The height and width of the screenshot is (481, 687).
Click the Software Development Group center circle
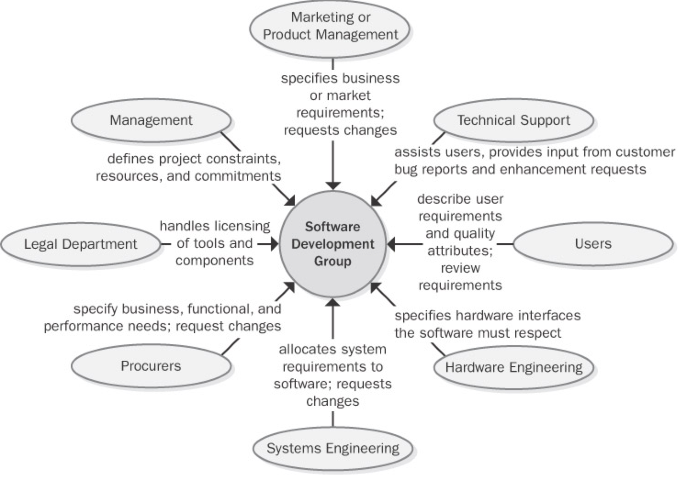point(333,244)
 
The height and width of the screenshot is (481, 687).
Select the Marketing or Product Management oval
point(331,26)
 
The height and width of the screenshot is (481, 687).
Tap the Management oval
point(151,120)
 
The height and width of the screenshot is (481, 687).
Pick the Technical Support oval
point(513,120)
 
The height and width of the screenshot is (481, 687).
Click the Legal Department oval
point(80,244)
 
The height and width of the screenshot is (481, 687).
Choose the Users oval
point(593,244)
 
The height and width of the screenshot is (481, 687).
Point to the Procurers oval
point(151,366)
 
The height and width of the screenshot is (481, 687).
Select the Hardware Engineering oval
point(513,367)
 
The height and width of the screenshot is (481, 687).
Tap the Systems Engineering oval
point(333,448)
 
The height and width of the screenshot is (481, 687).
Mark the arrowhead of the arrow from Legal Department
point(275,244)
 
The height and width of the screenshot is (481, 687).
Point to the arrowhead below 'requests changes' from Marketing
point(333,185)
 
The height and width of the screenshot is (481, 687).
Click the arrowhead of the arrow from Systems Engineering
point(333,302)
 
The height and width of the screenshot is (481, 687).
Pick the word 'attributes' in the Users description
point(460,251)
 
